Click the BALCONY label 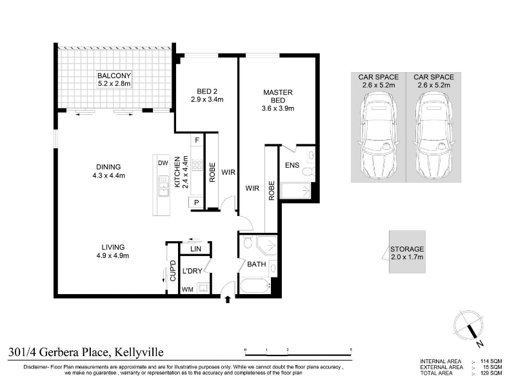(114, 75)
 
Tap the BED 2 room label (207, 91)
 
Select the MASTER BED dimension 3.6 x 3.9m (278, 108)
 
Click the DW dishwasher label (163, 163)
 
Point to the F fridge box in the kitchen (197, 140)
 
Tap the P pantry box (196, 203)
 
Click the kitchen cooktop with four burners (197, 164)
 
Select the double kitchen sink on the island (163, 186)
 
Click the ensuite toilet (309, 172)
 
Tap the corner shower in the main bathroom (267, 245)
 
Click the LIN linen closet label (195, 249)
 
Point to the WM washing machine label (188, 290)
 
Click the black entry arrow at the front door (228, 299)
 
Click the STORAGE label (407, 249)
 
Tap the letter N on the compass (480, 344)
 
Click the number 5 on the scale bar (351, 350)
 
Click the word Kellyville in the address (139, 352)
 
